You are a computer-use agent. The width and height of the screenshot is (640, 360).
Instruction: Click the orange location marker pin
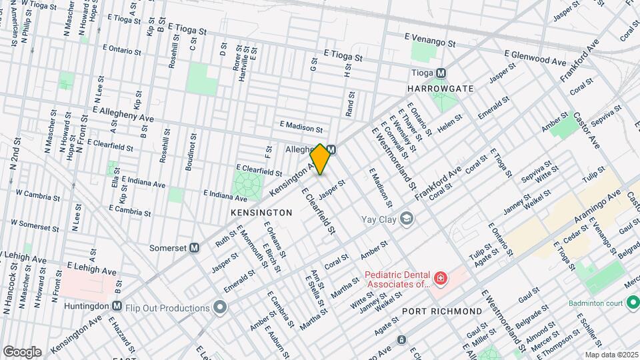click(321, 159)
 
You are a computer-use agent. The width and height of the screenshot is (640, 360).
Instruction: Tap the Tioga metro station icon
click(440, 73)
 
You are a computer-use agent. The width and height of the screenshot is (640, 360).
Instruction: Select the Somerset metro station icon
click(195, 247)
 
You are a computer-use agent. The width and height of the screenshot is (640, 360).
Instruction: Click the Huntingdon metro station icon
click(117, 306)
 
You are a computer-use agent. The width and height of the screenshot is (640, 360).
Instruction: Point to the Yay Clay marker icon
click(406, 218)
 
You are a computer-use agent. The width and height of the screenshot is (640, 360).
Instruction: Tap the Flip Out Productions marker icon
click(221, 307)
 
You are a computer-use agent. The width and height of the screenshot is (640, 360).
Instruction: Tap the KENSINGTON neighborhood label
click(261, 212)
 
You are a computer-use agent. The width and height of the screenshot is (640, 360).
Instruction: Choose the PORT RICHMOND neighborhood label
click(441, 311)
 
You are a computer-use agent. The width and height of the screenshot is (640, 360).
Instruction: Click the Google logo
click(22, 351)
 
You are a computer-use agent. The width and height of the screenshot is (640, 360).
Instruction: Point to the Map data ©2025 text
click(611, 355)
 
